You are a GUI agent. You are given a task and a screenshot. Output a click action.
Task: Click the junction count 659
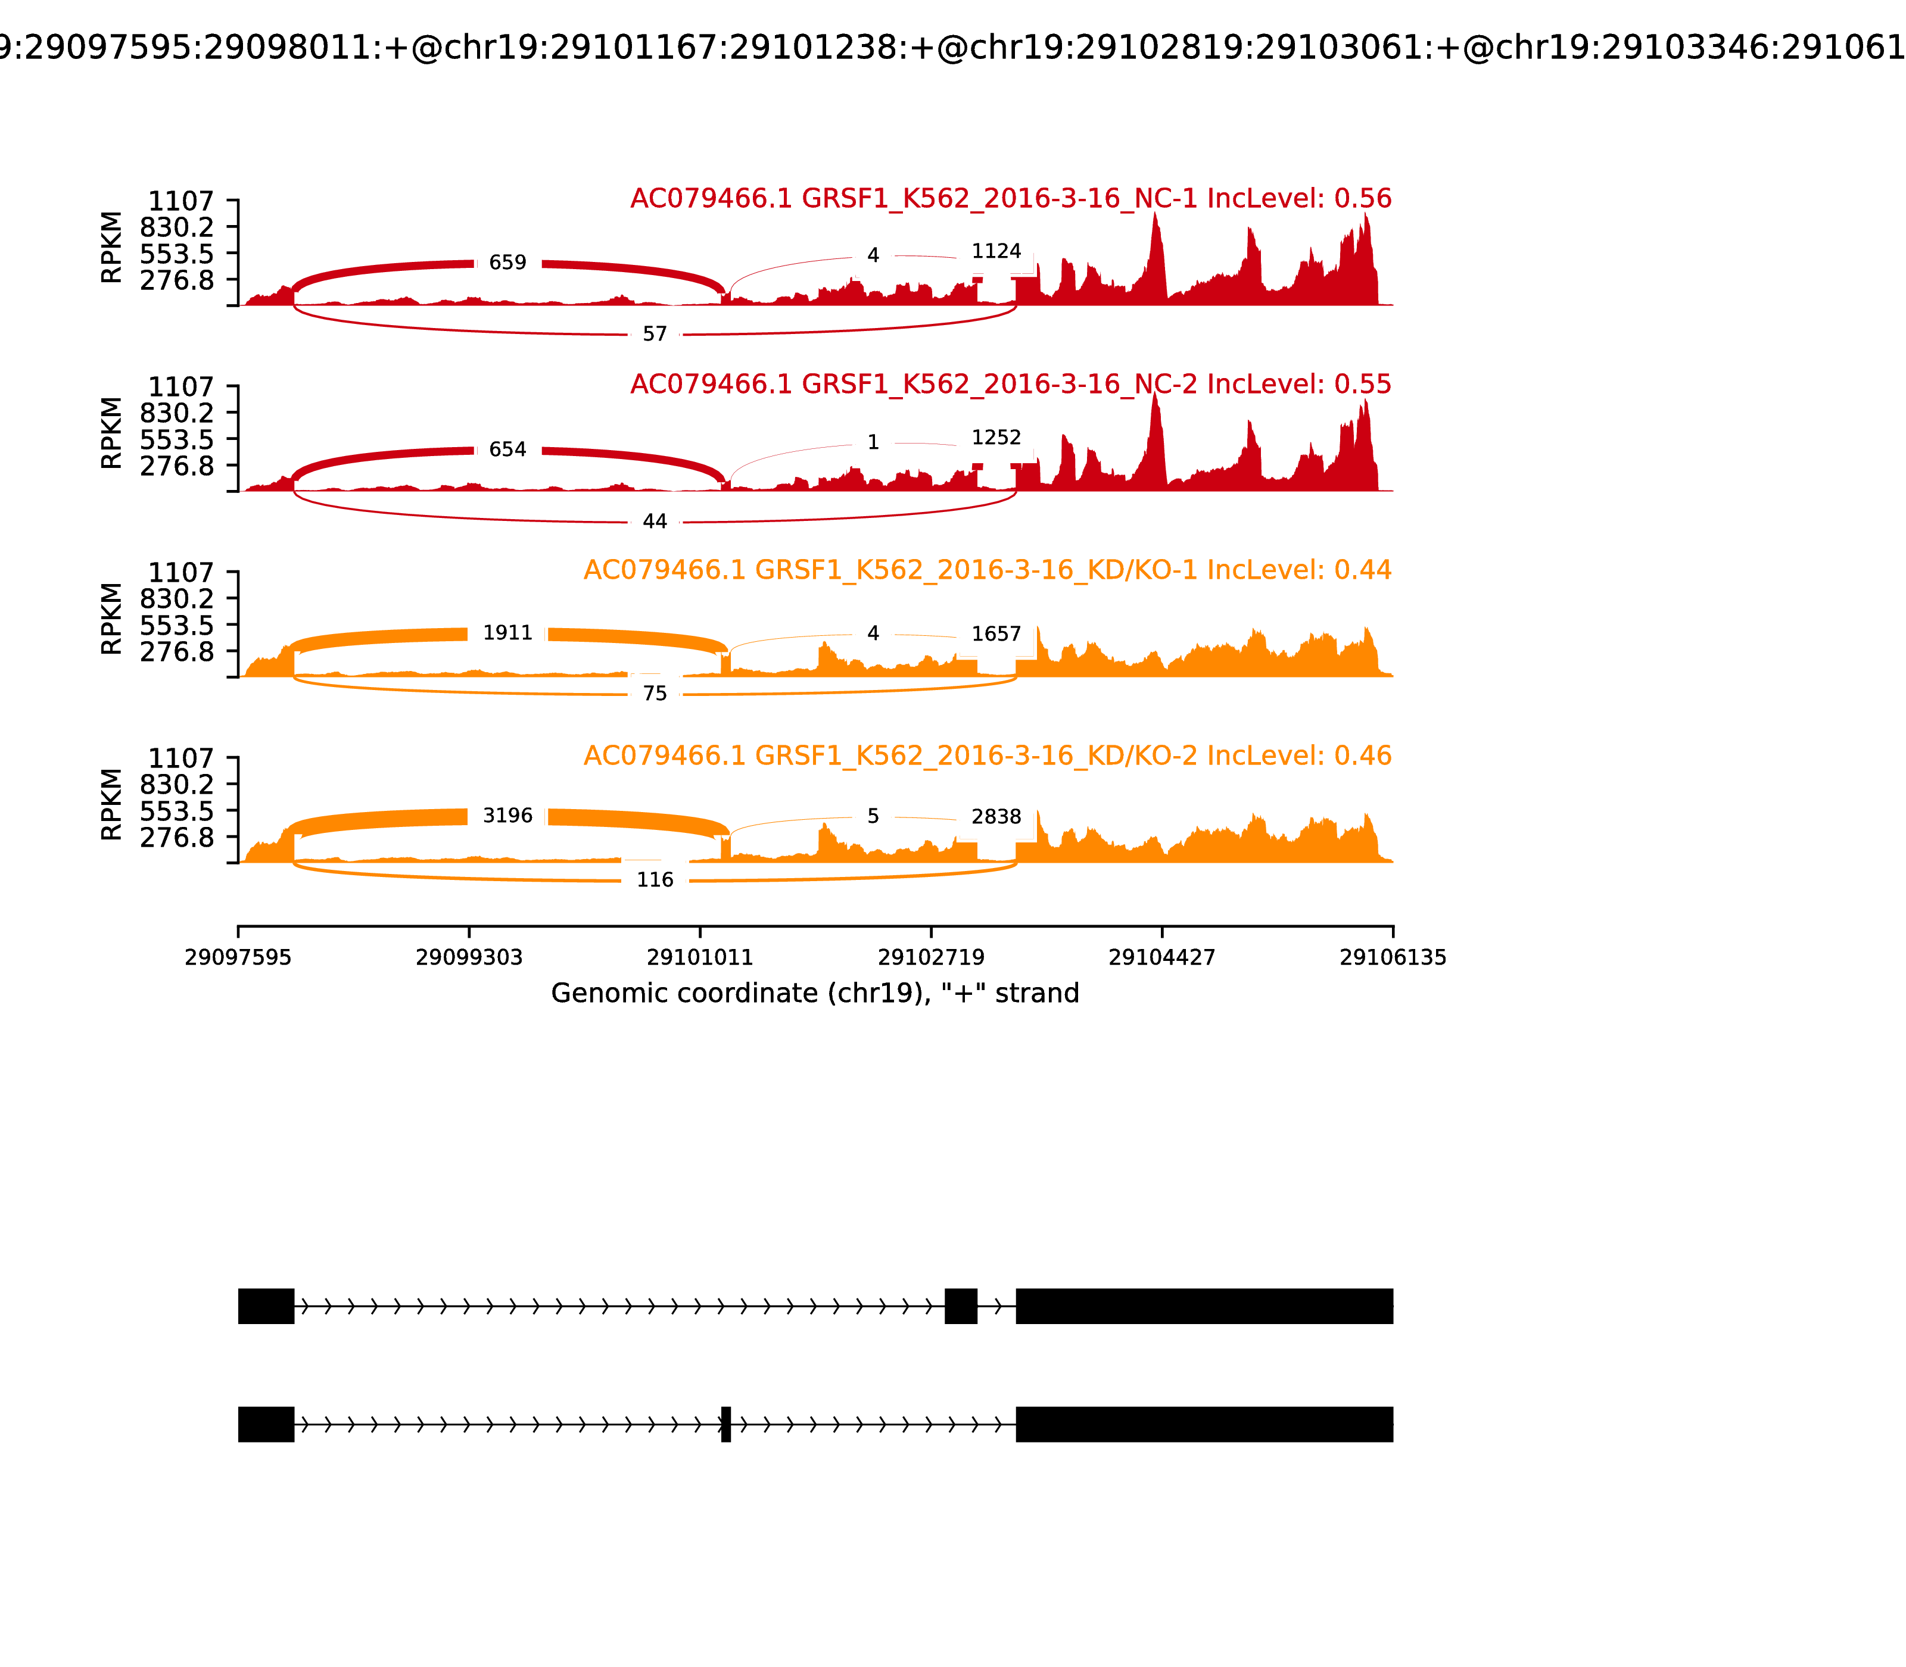click(507, 263)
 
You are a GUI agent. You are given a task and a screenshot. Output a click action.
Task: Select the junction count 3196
click(507, 816)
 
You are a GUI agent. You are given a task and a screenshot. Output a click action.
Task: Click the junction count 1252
click(996, 437)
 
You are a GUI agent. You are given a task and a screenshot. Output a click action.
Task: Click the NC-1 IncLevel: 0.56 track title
click(1011, 199)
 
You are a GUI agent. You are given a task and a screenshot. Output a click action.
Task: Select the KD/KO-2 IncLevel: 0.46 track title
click(988, 756)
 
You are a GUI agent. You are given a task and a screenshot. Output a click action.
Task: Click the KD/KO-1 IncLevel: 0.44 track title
click(988, 570)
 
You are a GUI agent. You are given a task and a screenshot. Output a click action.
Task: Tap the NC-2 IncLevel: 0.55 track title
click(1011, 384)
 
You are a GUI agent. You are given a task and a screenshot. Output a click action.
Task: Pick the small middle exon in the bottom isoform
click(726, 1424)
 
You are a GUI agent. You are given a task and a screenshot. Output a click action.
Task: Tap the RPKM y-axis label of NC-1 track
click(111, 248)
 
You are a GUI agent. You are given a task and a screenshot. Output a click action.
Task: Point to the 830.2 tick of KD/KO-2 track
click(177, 784)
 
